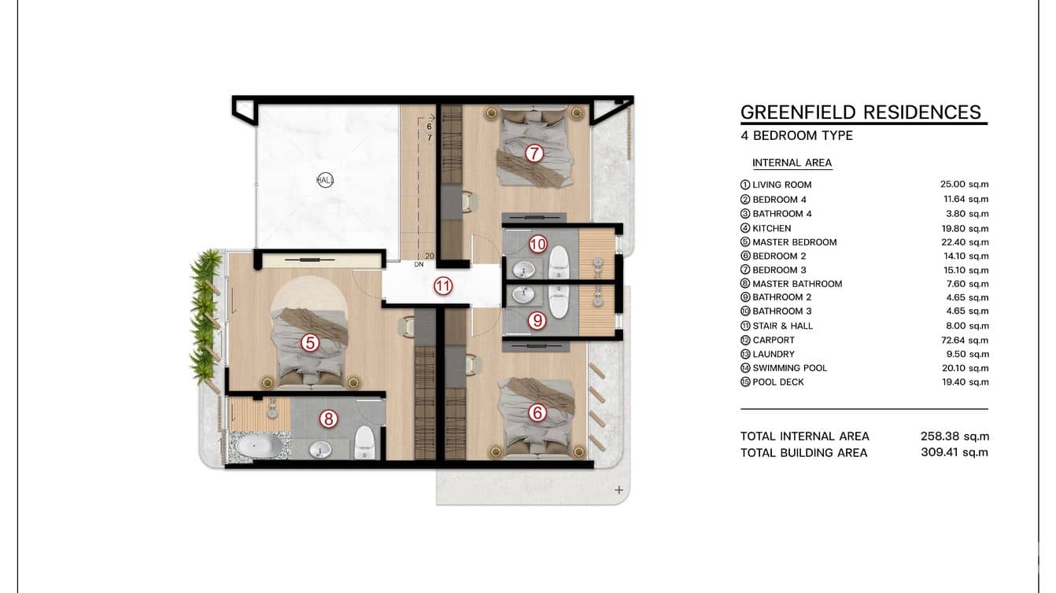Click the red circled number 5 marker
click(x=310, y=343)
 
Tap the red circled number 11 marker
click(x=443, y=286)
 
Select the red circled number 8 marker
click(x=328, y=418)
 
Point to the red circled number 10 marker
click(x=537, y=244)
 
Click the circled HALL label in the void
click(x=325, y=180)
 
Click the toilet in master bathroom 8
click(x=364, y=442)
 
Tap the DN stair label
click(x=419, y=265)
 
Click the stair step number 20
click(x=429, y=256)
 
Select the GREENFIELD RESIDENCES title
click(x=861, y=112)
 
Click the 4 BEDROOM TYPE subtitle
click(x=796, y=135)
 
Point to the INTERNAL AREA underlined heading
click(x=792, y=163)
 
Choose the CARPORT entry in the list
click(x=774, y=340)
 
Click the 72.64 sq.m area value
click(x=965, y=340)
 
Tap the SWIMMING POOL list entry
click(x=790, y=368)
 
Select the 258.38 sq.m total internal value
click(x=954, y=436)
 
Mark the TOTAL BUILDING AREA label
click(x=803, y=453)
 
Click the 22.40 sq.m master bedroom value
click(x=965, y=242)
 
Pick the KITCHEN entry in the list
click(x=772, y=228)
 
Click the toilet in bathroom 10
click(x=559, y=262)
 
